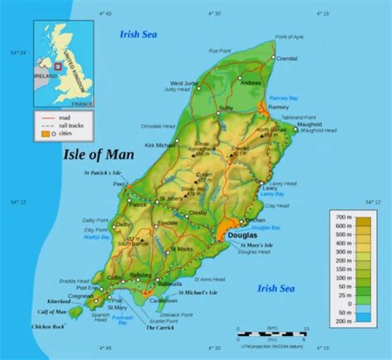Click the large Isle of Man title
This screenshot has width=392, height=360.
(x=99, y=155)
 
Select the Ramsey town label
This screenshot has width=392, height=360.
(x=278, y=107)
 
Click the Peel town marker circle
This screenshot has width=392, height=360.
(x=129, y=185)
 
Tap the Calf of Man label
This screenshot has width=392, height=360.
(x=52, y=312)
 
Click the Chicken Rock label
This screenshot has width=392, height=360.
(x=48, y=327)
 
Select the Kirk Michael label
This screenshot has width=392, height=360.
(x=160, y=145)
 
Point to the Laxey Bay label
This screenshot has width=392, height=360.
(x=272, y=193)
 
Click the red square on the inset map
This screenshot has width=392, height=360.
(x=58, y=66)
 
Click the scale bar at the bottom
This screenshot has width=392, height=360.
(x=272, y=333)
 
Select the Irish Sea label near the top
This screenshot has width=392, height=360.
(x=138, y=35)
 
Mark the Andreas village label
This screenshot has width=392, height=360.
(x=250, y=83)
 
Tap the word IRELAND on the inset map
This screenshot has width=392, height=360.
(x=45, y=76)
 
